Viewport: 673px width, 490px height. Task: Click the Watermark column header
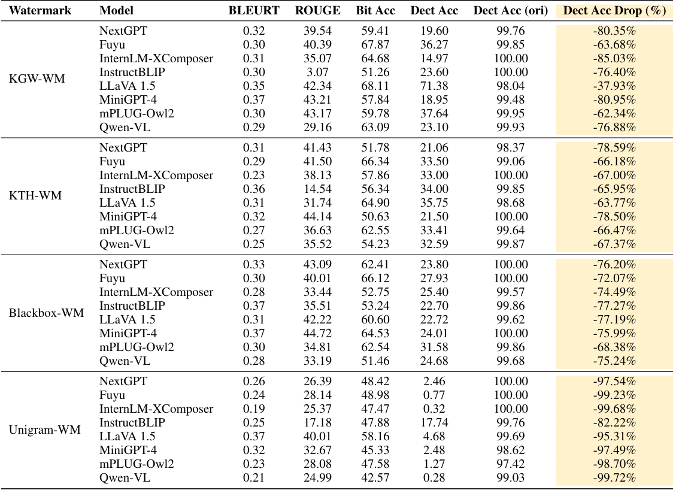coord(40,10)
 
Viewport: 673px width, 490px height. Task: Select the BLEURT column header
coord(254,10)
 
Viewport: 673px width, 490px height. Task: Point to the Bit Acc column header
coord(372,10)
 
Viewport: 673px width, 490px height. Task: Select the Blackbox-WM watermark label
coord(46,313)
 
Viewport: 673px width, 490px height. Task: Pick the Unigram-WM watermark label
coord(45,429)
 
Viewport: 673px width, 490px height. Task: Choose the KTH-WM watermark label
coord(35,196)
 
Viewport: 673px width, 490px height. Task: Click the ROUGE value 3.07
coord(317,72)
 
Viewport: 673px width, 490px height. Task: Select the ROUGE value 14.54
coord(317,189)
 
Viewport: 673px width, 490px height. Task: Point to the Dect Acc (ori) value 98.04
coord(511,85)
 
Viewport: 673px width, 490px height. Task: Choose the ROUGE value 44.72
coord(317,333)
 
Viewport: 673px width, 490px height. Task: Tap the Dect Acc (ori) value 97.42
coord(511,463)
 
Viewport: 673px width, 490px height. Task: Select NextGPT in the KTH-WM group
coord(123,148)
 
